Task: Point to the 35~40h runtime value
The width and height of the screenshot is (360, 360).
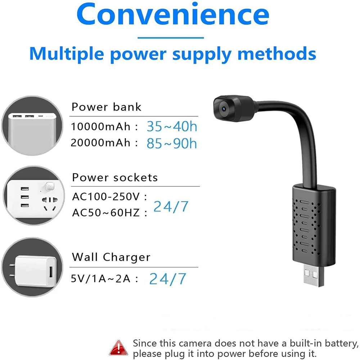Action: (x=172, y=126)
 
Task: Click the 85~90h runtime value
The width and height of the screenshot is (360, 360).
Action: (x=172, y=143)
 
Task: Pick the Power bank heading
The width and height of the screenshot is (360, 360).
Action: (x=106, y=107)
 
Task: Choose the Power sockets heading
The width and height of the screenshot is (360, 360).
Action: (x=115, y=177)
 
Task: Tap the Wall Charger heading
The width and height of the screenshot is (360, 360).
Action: (x=111, y=257)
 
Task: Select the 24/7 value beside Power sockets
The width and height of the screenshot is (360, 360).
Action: (x=171, y=206)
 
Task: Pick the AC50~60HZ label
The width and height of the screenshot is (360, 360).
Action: (x=106, y=213)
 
